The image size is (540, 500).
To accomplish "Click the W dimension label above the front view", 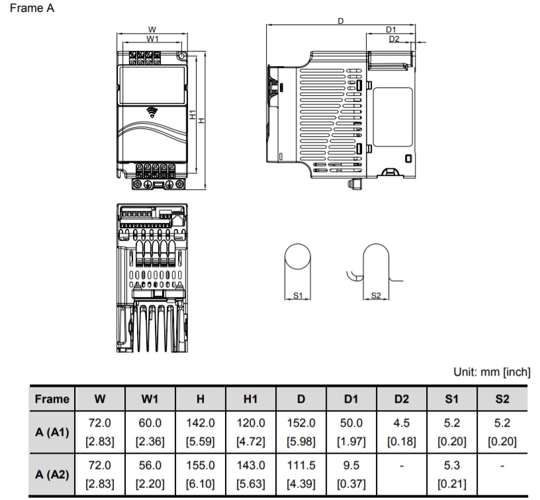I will [x=152, y=30].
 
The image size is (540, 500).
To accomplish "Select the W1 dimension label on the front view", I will [x=152, y=39].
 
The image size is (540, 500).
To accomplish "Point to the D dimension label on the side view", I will [x=340, y=21].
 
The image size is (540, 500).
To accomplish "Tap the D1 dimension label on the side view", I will [x=391, y=30].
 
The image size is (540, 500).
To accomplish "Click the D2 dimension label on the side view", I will [x=394, y=39].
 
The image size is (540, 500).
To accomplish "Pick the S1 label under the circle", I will [x=298, y=295].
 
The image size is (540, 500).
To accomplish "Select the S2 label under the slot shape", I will [x=376, y=295].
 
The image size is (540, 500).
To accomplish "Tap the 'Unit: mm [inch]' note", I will [x=492, y=372].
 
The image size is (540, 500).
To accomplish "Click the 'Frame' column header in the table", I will [x=52, y=399].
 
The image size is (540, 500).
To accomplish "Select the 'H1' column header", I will [x=250, y=399].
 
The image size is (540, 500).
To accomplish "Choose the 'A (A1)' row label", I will [x=52, y=429].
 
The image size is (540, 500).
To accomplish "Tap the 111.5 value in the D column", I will [x=301, y=465].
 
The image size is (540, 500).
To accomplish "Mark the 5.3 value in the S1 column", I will [x=451, y=465].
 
